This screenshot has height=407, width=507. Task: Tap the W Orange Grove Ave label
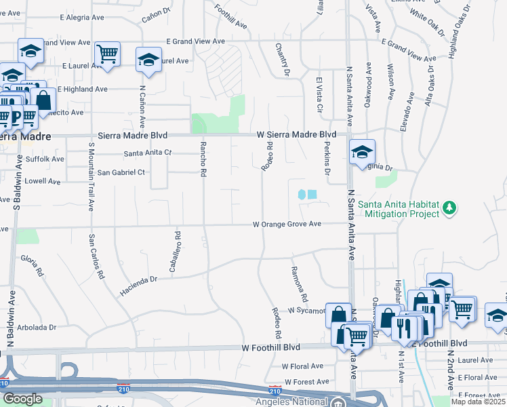(x=287, y=224)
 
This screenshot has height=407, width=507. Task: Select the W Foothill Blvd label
(x=270, y=347)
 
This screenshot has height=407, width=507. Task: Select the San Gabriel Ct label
(x=121, y=172)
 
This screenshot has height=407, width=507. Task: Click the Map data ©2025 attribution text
(x=479, y=402)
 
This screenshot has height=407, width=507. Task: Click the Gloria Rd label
(x=33, y=266)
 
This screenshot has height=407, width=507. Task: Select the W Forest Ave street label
(x=304, y=381)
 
